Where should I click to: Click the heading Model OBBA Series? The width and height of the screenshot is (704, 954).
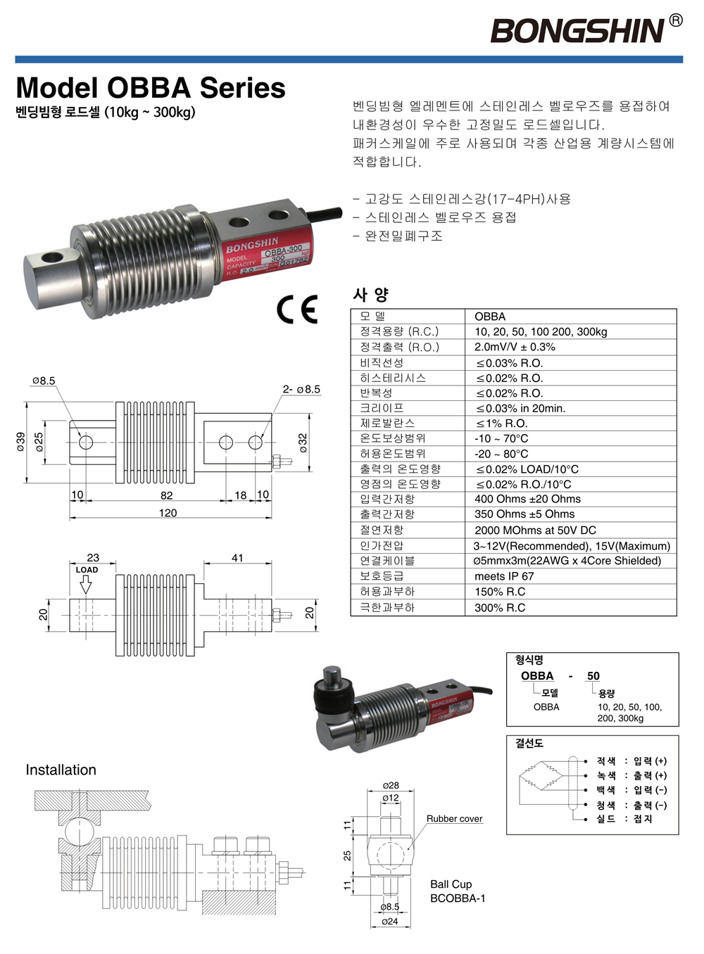point(150,88)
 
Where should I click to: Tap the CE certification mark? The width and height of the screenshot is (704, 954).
point(297,310)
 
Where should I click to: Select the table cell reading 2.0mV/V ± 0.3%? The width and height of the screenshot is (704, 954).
point(515,347)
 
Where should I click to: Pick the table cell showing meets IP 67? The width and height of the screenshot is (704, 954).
point(504,576)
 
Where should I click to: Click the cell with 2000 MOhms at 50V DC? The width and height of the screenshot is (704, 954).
point(535,530)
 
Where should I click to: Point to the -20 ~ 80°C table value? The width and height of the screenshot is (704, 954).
point(501,454)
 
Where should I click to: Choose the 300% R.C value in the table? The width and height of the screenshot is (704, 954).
point(500,607)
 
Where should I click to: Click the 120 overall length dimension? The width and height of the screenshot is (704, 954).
point(168,513)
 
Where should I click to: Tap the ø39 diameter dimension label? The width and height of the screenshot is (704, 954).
point(21,442)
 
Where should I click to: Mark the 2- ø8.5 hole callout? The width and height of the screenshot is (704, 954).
point(301,389)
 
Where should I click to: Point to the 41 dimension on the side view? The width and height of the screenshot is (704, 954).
point(237,558)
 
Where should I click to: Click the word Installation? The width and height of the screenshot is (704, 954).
point(61,770)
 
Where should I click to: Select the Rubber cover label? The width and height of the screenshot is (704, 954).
point(454,818)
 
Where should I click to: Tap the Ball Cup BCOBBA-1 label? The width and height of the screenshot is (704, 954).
point(457,891)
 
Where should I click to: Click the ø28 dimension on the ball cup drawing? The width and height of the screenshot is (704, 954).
point(391,785)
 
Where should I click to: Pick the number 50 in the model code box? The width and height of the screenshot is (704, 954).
point(593,675)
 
